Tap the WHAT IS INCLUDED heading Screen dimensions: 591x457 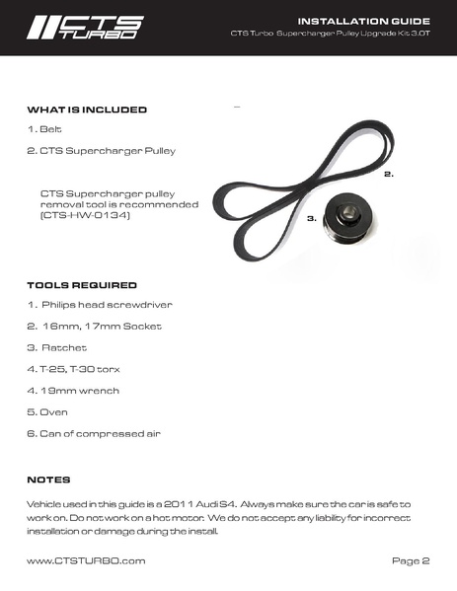[87, 110]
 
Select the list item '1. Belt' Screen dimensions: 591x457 [44, 130]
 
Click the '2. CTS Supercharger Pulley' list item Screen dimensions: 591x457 [102, 152]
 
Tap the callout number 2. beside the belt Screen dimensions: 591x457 [389, 174]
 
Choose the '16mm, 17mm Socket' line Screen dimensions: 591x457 [95, 326]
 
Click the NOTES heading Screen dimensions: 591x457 [48, 480]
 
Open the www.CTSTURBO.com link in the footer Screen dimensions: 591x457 [86, 560]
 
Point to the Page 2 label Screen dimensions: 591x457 [411, 560]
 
